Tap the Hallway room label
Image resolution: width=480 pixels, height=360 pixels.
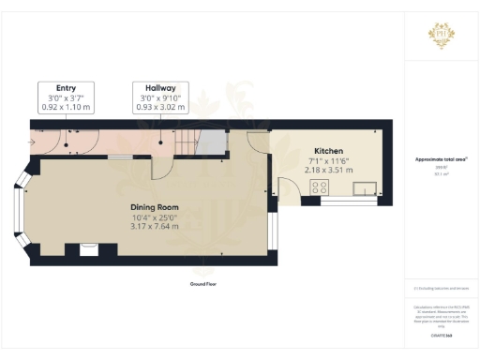point(160,87)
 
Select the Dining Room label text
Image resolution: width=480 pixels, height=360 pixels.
point(149,207)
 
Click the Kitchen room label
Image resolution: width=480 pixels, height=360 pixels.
point(328,151)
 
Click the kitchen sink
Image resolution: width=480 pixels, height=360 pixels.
point(364,187)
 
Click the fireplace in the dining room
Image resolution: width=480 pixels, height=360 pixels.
point(90,248)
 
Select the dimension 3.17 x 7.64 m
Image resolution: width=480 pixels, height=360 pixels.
point(149,228)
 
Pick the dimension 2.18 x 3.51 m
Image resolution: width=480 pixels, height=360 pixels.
point(328,171)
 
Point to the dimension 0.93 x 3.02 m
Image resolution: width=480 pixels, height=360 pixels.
point(160,107)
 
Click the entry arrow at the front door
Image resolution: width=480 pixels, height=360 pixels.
point(31,142)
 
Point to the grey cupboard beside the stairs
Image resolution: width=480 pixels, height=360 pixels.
point(216,143)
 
